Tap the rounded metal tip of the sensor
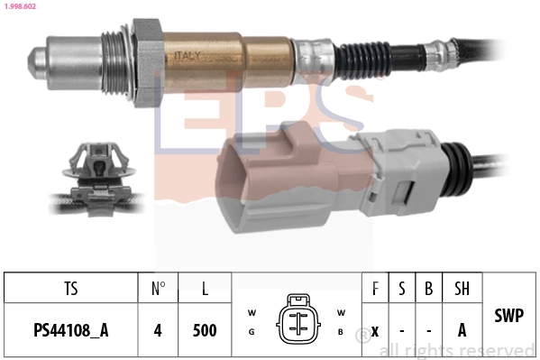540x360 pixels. pyautogui.click(x=38, y=61)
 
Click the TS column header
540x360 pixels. pyautogui.click(x=70, y=289)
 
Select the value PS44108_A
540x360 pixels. pyautogui.click(x=70, y=330)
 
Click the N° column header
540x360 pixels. pyautogui.click(x=157, y=289)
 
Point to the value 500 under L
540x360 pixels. pyautogui.click(x=205, y=330)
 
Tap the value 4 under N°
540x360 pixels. pyautogui.click(x=157, y=330)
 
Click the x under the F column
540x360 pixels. pyautogui.click(x=374, y=330)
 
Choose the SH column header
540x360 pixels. pyautogui.click(x=461, y=289)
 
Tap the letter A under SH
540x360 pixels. pyautogui.click(x=461, y=330)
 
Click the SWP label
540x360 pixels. pyautogui.click(x=509, y=317)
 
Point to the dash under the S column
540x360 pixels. pyautogui.click(x=401, y=330)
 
